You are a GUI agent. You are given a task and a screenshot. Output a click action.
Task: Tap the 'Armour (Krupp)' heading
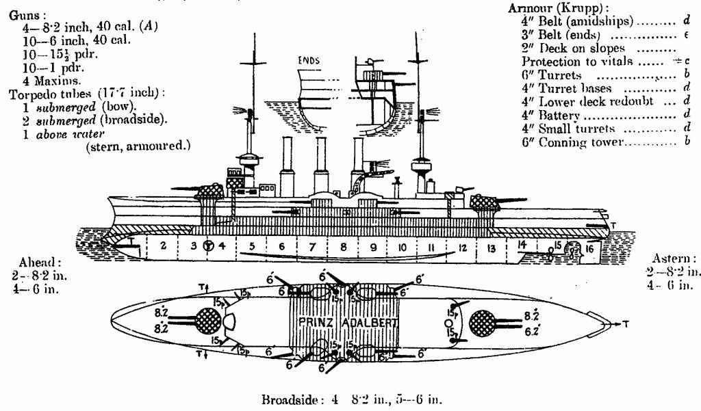(552, 8)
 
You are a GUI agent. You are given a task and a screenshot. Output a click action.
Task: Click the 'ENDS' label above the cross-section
(309, 60)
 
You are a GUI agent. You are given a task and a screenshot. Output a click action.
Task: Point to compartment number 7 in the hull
(313, 246)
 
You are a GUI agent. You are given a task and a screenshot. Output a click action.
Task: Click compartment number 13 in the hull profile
(489, 247)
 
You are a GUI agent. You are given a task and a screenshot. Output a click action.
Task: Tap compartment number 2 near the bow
(163, 244)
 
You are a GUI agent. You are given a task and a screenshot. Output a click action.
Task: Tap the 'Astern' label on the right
(673, 259)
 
